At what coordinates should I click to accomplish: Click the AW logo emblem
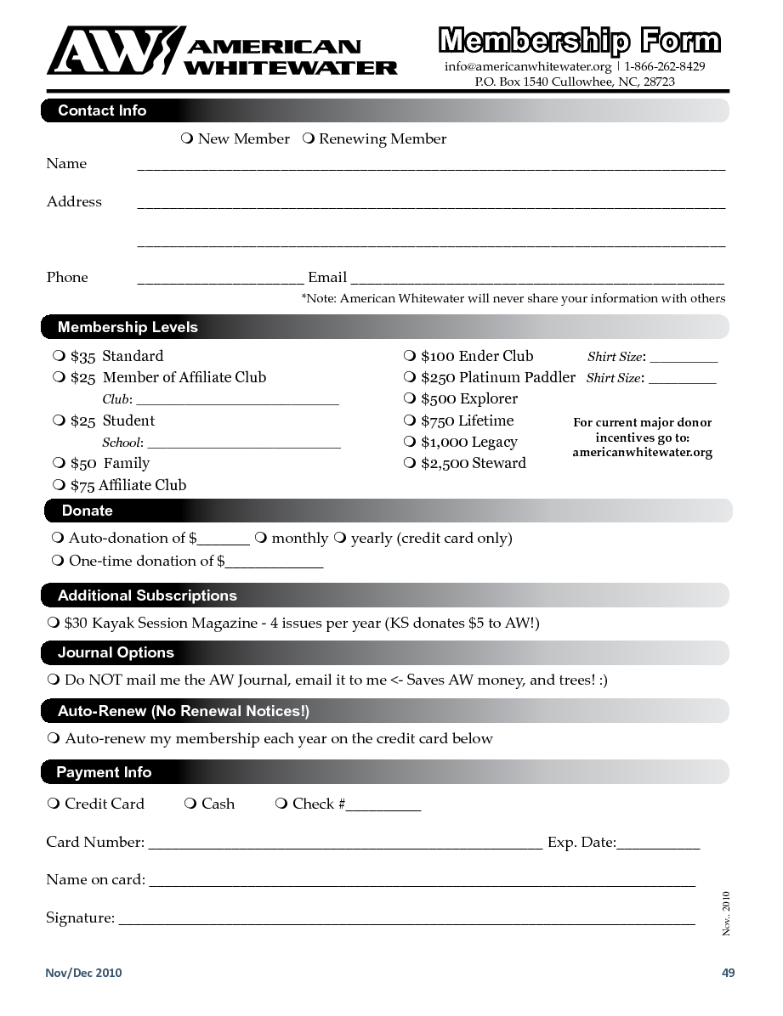[x=116, y=50]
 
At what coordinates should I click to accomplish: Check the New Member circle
[x=187, y=138]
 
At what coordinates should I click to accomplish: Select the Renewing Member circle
[x=309, y=138]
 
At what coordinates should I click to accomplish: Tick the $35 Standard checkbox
[x=59, y=355]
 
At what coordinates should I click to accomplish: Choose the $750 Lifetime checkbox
[x=409, y=420]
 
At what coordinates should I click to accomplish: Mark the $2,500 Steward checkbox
[x=409, y=462]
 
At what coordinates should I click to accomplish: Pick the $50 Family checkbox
[x=59, y=462]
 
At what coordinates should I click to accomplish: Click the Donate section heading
[x=87, y=511]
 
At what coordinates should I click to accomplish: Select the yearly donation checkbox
[x=340, y=538]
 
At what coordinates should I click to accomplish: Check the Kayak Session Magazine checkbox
[x=53, y=623]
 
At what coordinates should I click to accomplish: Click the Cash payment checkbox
[x=190, y=803]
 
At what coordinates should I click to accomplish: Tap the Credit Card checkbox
[x=54, y=803]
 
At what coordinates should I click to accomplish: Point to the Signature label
[x=80, y=917]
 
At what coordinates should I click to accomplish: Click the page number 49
[x=728, y=973]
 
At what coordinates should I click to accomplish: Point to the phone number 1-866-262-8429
[x=665, y=66]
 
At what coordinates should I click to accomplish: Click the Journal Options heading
[x=116, y=652]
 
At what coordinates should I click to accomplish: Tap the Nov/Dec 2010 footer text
[x=83, y=973]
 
